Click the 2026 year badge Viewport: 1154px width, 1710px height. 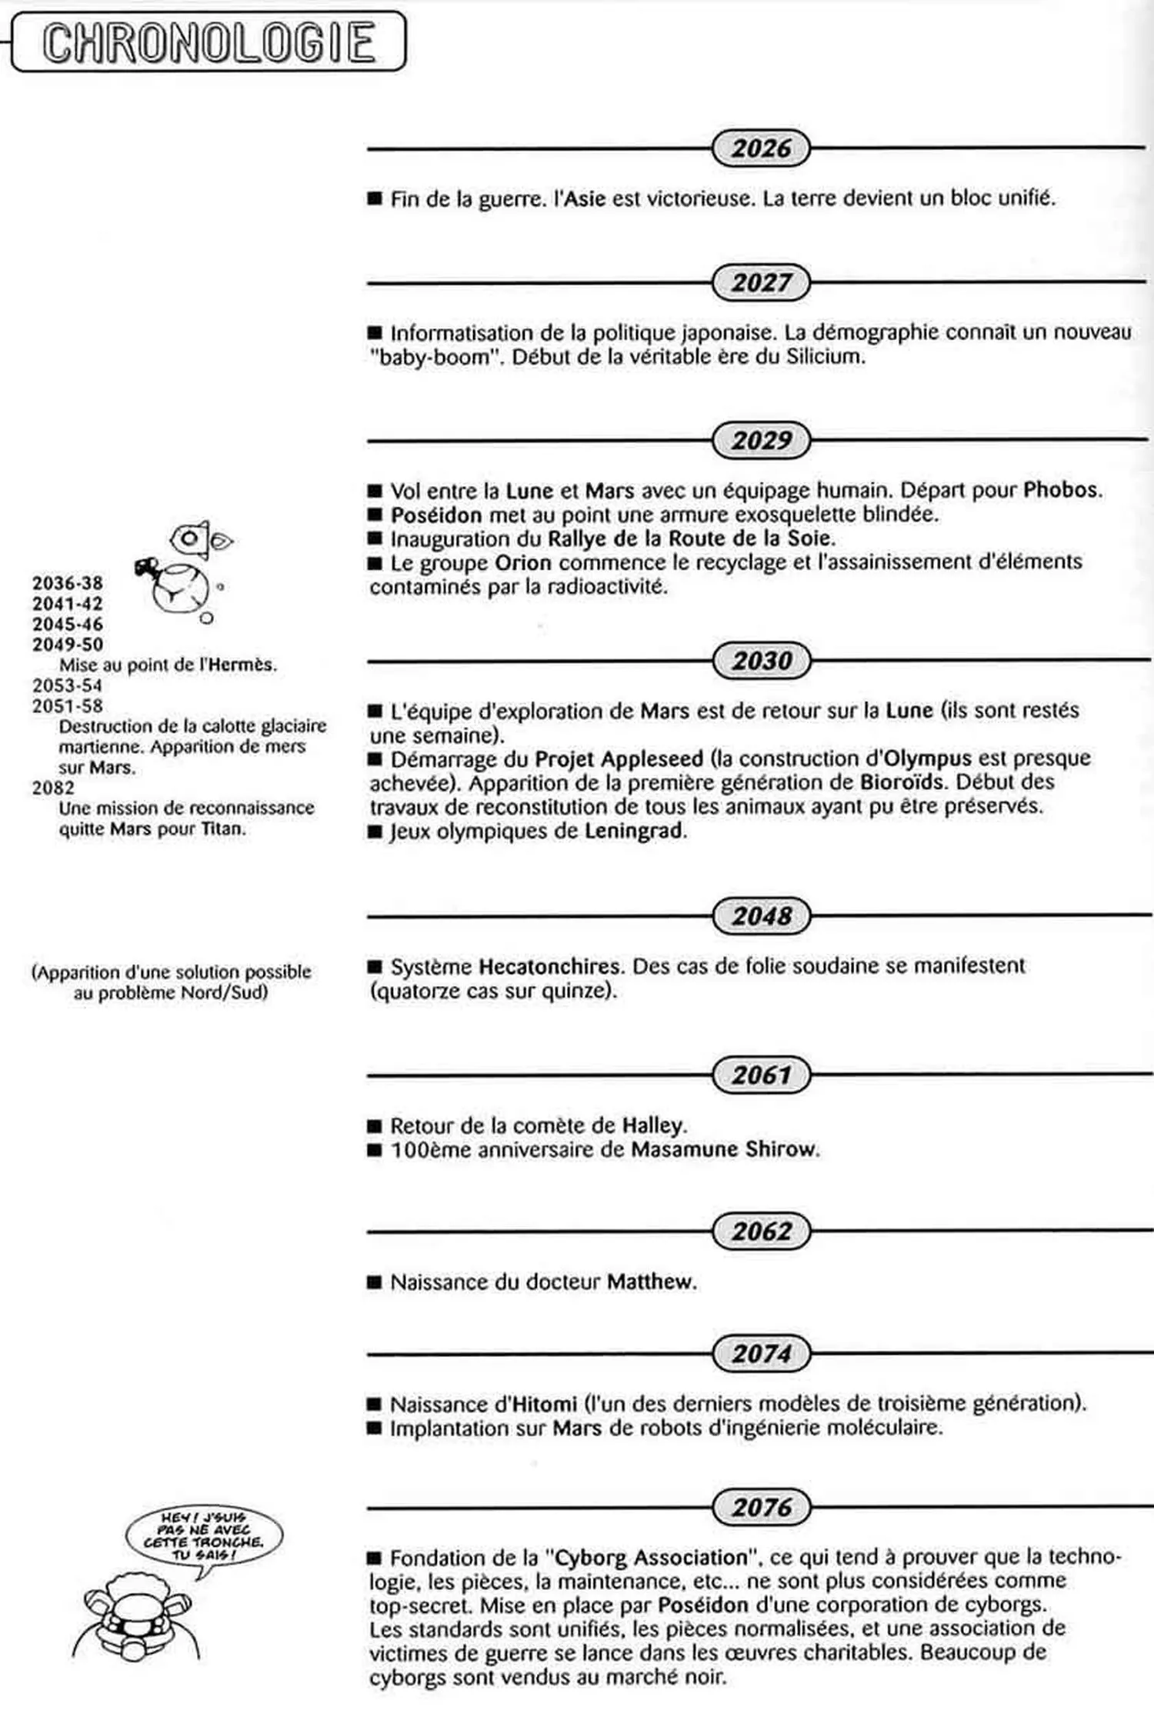click(761, 148)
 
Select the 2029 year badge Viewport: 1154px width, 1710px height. click(761, 441)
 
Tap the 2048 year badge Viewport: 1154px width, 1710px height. click(761, 916)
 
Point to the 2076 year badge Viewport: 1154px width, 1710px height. click(761, 1507)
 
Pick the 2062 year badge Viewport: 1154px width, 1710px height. click(761, 1232)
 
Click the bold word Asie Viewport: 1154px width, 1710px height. click(585, 199)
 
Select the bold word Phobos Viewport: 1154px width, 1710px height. click(1062, 490)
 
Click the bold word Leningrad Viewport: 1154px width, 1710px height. click(634, 832)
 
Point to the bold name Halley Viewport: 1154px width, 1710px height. click(653, 1126)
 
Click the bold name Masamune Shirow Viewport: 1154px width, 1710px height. click(724, 1150)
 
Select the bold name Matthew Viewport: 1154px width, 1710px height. click(650, 1282)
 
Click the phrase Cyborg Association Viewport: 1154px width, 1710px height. click(651, 1558)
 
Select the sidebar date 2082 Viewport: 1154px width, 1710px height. click(53, 788)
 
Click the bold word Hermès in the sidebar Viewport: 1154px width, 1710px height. click(242, 665)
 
